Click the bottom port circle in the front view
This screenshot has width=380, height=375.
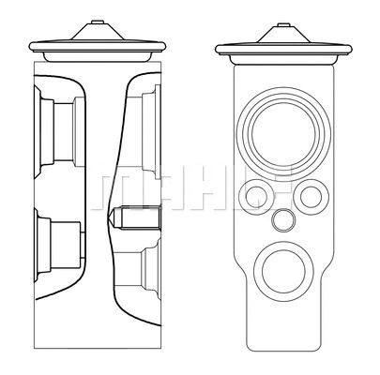coord(281,271)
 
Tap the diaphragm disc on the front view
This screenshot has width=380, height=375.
coord(285,48)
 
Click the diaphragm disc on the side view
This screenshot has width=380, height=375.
coord(97,48)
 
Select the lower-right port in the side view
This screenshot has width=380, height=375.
coord(146,272)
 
